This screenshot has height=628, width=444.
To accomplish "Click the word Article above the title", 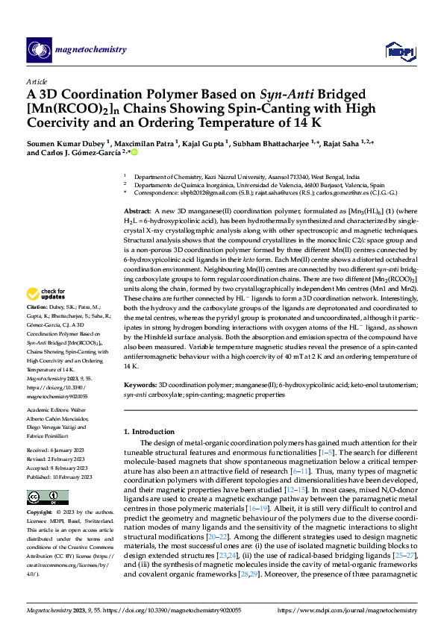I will [37, 82].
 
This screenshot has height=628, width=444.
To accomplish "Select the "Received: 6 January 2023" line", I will [60, 451].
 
